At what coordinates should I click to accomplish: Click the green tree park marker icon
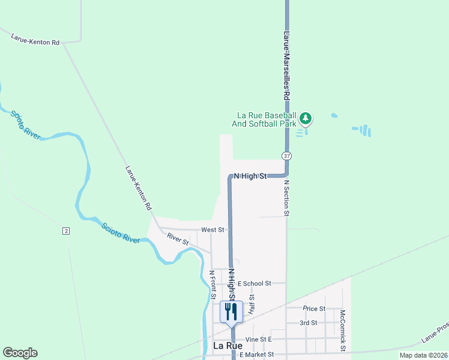point(306,118)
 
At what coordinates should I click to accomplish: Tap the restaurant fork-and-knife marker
point(231,311)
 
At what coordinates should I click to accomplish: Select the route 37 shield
point(287,156)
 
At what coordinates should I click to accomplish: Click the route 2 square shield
point(66,231)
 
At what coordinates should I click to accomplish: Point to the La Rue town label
point(228,346)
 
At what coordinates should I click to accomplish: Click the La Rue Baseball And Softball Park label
point(267,119)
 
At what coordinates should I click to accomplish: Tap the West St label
point(212,230)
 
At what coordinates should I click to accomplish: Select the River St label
point(178,238)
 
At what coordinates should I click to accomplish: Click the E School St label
point(255,283)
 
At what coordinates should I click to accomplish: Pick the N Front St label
point(212,285)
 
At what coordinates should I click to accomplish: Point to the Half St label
point(252,305)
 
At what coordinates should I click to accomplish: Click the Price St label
point(314,308)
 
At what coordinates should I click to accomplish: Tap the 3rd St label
point(309,323)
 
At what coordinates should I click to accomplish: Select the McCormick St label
point(342,331)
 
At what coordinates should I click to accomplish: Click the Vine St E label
point(258,339)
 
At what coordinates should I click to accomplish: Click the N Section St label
point(287,197)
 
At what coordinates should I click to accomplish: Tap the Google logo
point(20,353)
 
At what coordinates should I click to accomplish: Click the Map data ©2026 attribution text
point(423,355)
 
